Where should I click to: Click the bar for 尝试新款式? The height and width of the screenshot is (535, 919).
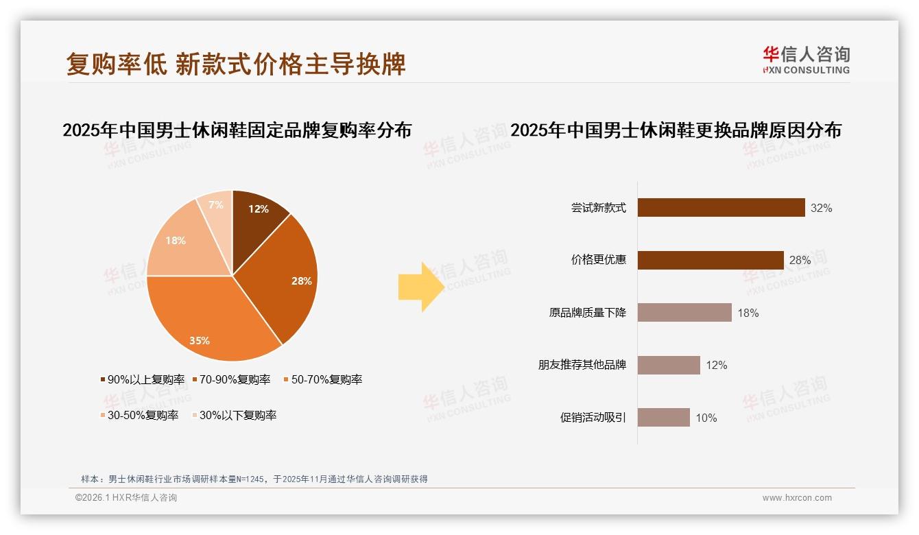(x=721, y=208)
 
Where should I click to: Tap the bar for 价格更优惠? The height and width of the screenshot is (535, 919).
(x=711, y=260)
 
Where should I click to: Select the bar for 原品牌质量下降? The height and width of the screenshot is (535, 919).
(x=684, y=313)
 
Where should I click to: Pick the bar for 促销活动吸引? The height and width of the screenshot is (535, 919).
(x=663, y=418)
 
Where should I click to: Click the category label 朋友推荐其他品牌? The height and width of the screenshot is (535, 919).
(x=582, y=365)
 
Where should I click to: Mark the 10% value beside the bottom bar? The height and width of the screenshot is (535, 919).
(x=706, y=418)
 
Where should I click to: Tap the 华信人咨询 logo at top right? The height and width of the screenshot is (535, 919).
(x=806, y=60)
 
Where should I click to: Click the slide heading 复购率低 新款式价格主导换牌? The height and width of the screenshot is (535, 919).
(x=236, y=64)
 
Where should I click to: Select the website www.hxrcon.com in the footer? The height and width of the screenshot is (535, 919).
(x=797, y=498)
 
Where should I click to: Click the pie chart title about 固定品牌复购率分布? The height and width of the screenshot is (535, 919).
(x=237, y=130)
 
